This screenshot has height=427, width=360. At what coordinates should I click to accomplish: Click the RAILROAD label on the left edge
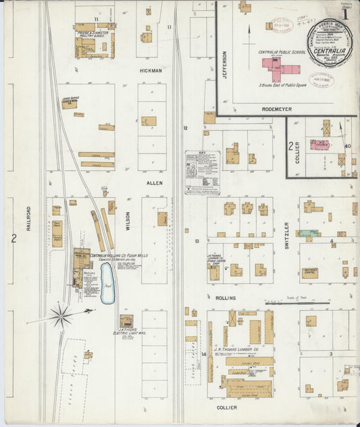29,218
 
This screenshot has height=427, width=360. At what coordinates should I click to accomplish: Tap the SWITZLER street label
286,234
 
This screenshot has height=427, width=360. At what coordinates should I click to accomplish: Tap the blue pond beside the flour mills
107,283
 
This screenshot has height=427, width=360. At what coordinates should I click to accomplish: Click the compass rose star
61,315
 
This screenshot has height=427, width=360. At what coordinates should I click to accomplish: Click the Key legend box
202,172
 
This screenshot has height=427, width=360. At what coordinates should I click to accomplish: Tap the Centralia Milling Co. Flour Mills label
119,256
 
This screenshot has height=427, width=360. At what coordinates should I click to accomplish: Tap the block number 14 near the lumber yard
203,353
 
